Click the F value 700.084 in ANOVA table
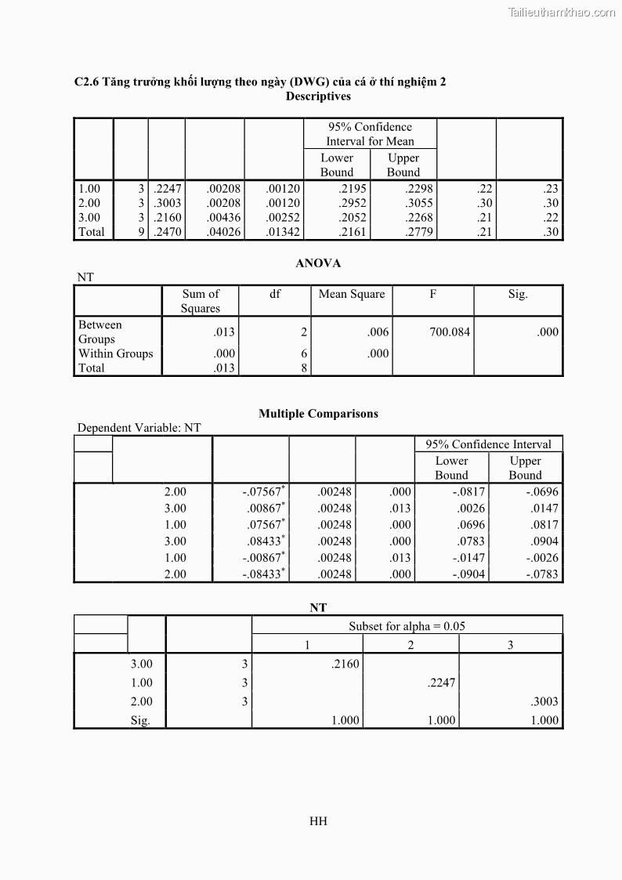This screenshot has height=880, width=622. pyautogui.click(x=450, y=332)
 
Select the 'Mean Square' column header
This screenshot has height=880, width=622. pyautogui.click(x=352, y=295)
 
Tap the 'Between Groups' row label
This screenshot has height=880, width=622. pyautogui.click(x=100, y=332)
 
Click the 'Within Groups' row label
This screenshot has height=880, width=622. pyautogui.click(x=115, y=353)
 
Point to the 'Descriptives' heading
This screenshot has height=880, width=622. pyautogui.click(x=318, y=96)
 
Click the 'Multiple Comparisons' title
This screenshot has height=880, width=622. pyautogui.click(x=318, y=414)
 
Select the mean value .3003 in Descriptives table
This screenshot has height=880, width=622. pyautogui.click(x=168, y=203)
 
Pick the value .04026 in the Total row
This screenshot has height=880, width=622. pyautogui.click(x=224, y=232)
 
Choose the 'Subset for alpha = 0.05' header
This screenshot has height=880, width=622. pyautogui.click(x=407, y=626)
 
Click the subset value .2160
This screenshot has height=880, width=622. pyautogui.click(x=345, y=665)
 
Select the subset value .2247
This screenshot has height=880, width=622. pyautogui.click(x=442, y=683)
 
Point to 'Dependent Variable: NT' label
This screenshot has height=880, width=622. pyautogui.click(x=139, y=428)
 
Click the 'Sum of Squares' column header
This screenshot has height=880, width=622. pyautogui.click(x=201, y=301)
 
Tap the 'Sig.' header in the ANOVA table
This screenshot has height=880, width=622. pyautogui.click(x=518, y=295)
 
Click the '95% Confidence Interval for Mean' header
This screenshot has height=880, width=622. pyautogui.click(x=370, y=134)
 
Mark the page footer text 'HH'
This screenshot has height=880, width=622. pyautogui.click(x=318, y=821)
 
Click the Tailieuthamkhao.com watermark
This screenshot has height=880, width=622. pyautogui.click(x=562, y=12)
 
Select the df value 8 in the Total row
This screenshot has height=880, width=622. pyautogui.click(x=304, y=368)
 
